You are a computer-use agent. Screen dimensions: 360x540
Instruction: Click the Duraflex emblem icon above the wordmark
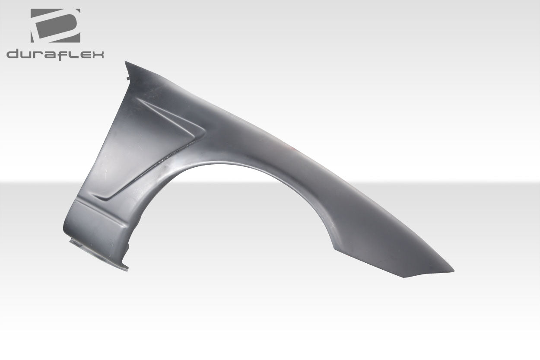tap(55, 25)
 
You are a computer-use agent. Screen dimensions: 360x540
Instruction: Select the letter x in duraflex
tap(97, 54)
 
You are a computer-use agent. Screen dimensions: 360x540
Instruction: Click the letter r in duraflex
tap(39, 55)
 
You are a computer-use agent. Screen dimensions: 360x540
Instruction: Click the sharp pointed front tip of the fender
tap(453, 271)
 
